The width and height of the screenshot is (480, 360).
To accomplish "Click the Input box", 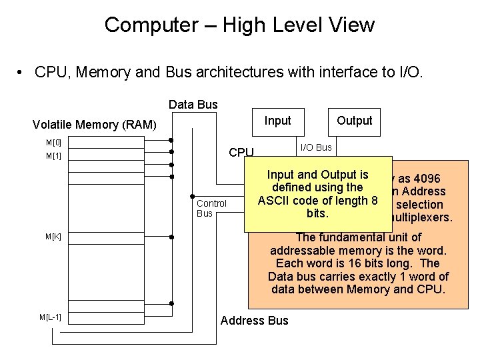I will (277, 121).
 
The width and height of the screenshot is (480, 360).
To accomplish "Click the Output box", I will (354, 121).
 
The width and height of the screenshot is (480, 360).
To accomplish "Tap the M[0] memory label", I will (53, 143).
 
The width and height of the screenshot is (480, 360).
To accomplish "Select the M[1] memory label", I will (53, 156).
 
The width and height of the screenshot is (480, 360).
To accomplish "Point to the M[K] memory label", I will (53, 237).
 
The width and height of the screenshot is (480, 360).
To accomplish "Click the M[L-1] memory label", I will (51, 317).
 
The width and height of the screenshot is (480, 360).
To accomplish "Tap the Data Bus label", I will (193, 104).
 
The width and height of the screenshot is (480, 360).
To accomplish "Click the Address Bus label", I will (254, 321).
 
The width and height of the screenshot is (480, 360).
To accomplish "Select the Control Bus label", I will (211, 208).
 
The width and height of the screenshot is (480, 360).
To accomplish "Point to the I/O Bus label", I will (316, 147).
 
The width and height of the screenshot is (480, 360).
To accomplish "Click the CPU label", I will (241, 153).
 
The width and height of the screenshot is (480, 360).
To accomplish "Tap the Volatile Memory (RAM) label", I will (95, 125).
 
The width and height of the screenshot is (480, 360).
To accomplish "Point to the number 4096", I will (424, 179).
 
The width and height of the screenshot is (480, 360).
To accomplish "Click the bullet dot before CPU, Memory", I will (21, 73).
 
